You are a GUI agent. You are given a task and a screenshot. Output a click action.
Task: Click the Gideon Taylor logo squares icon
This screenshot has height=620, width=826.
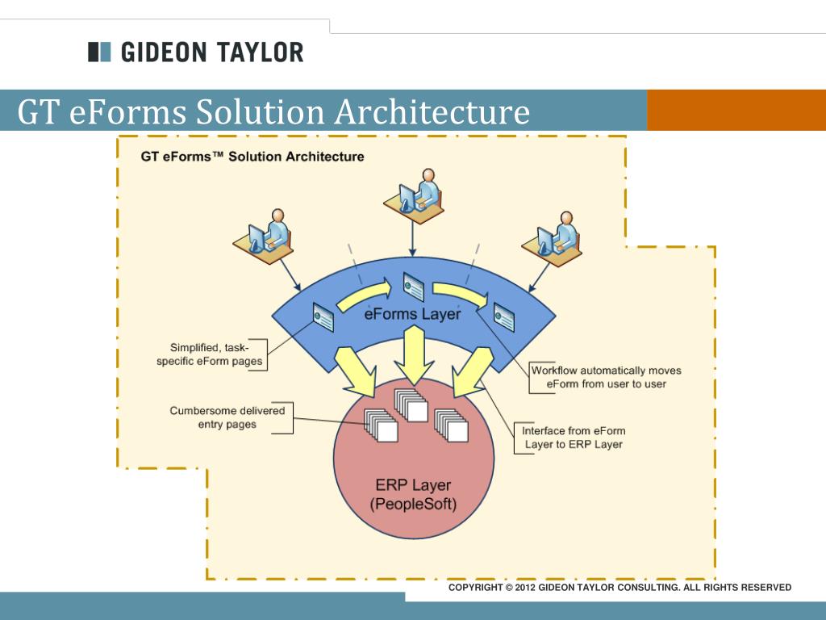pos(98,52)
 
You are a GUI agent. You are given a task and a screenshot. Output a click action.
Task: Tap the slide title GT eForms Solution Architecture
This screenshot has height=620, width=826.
pos(274,111)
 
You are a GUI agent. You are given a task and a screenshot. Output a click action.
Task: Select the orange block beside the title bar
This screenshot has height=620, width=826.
pos(736,110)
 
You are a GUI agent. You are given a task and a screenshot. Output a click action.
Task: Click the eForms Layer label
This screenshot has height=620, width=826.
pos(411,313)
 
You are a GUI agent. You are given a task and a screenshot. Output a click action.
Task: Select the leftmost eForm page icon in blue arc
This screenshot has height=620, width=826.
pos(323,316)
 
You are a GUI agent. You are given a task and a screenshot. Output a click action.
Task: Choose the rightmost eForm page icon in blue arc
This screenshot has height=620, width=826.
pos(504,316)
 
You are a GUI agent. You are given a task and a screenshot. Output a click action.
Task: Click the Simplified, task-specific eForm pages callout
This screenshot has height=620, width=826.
pos(210,354)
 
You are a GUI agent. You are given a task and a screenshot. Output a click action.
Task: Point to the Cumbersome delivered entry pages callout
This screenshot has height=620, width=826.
pos(227,417)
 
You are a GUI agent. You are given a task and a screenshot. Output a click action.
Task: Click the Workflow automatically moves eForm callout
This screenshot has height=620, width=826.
pos(606,377)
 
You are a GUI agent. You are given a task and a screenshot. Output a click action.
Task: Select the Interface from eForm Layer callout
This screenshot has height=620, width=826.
pos(573,438)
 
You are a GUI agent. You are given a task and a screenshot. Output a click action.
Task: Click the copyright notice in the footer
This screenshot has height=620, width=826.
pos(619,588)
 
